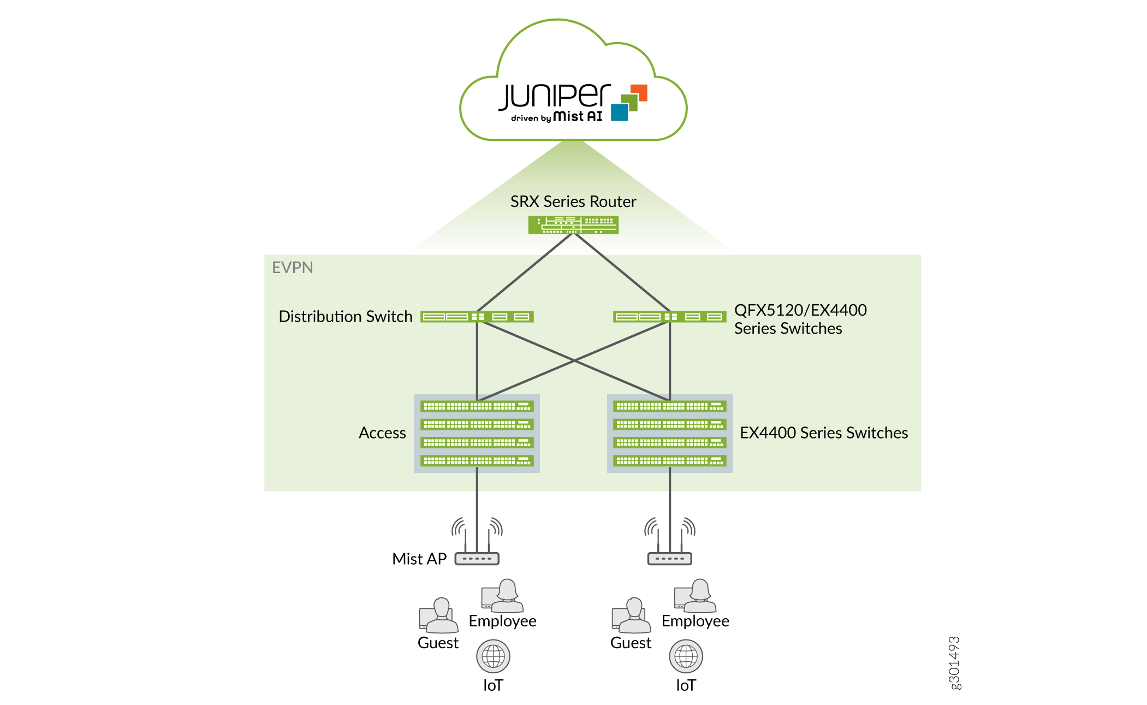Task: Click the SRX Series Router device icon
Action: tap(573, 225)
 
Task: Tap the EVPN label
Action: tap(293, 268)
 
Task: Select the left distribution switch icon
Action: tap(477, 317)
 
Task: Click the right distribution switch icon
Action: tap(670, 317)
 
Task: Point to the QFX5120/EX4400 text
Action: tap(800, 310)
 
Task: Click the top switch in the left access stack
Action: tap(477, 406)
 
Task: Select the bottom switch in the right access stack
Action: tap(670, 461)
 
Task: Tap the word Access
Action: tap(382, 433)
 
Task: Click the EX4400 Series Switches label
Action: tap(824, 433)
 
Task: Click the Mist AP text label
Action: tap(419, 559)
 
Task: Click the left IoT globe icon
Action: tap(493, 656)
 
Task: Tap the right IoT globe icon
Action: tap(686, 656)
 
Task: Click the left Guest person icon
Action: tap(438, 615)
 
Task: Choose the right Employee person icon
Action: tap(695, 596)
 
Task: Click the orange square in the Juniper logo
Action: tap(639, 93)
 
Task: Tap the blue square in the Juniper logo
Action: tap(619, 112)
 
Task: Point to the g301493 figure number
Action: tap(954, 663)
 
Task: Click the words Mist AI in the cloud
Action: tap(578, 116)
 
